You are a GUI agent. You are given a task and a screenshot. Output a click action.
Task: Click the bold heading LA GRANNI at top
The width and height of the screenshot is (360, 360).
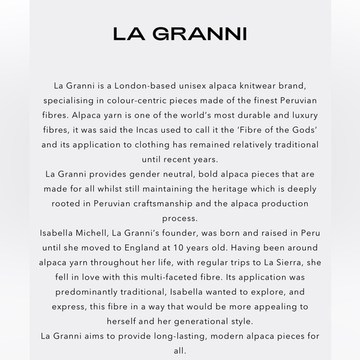pyautogui.click(x=180, y=34)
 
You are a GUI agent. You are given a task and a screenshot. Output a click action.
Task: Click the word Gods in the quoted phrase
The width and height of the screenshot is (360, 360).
pyautogui.click(x=302, y=130)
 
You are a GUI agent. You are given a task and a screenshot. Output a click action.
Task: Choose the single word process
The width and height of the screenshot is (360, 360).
pyautogui.click(x=180, y=219)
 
